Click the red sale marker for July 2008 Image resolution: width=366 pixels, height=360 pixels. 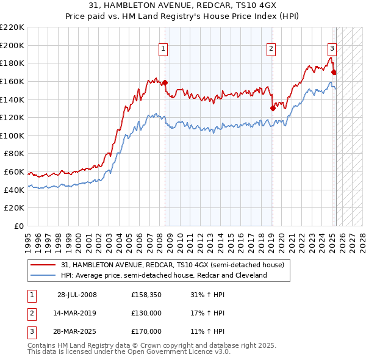pyautogui.click(x=165, y=83)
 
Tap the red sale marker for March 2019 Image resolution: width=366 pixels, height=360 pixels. pyautogui.click(x=273, y=109)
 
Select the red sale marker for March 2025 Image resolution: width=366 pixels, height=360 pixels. pyautogui.click(x=334, y=72)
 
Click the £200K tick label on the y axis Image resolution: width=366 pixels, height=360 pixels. pyautogui.click(x=12, y=45)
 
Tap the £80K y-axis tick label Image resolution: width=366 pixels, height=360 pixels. pyautogui.click(x=14, y=154)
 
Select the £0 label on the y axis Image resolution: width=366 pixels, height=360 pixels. pyautogui.click(x=20, y=226)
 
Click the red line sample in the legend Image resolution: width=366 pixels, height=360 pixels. pyautogui.click(x=43, y=265)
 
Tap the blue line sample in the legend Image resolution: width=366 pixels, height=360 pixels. pyautogui.click(x=43, y=276)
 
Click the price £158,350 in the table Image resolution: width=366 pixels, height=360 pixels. pyautogui.click(x=146, y=295)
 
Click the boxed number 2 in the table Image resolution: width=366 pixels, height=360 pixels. pyautogui.click(x=30, y=313)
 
